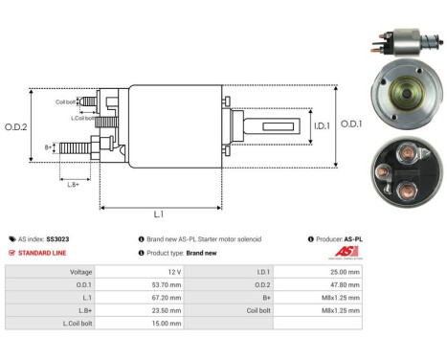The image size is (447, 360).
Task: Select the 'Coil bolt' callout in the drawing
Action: (x=65, y=101)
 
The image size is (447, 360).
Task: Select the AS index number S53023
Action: (x=58, y=238)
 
